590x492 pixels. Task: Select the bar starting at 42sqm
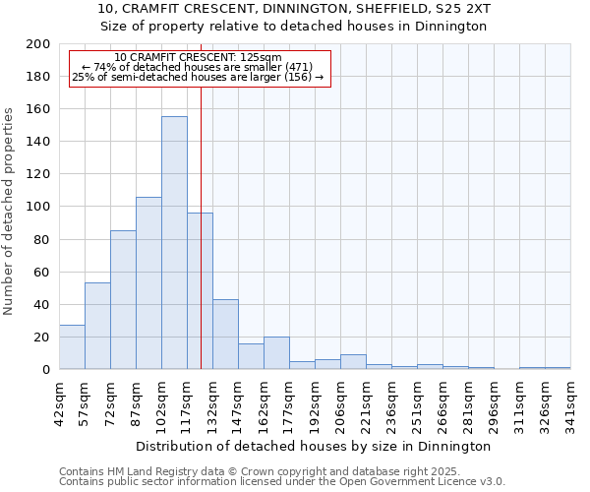click(72, 347)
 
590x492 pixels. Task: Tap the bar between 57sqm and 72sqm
click(97, 326)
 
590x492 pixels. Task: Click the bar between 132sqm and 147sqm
click(225, 335)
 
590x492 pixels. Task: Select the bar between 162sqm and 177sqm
click(276, 353)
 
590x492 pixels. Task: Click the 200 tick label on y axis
click(38, 44)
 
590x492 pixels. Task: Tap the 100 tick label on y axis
click(38, 207)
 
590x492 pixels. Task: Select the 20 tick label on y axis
click(42, 338)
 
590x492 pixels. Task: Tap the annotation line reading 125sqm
click(200, 57)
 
